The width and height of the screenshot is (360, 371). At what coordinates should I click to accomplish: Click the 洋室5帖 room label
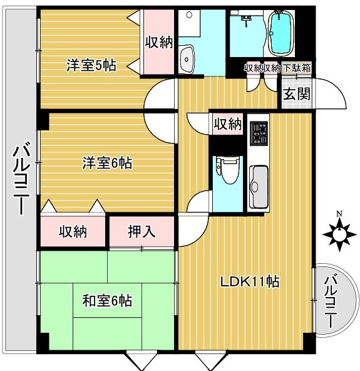coord(91,65)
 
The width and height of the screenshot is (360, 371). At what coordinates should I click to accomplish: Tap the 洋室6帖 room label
coord(107,163)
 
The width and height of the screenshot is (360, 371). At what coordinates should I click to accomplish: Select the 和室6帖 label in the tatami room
coord(107,301)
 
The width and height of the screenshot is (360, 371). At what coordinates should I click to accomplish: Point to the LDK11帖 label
coord(250,281)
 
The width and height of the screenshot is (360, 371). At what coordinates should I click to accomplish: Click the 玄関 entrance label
coord(297,94)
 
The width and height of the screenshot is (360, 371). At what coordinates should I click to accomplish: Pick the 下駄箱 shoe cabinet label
coord(297,68)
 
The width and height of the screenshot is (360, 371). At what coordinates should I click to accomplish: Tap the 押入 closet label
coord(142,231)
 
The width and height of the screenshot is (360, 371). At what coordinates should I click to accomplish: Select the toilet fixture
coord(227,170)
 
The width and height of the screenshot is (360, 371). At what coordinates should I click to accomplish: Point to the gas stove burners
coord(259,133)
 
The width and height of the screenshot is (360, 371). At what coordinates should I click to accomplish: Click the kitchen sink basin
coord(259,187)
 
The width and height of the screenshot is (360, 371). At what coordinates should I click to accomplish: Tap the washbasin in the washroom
coord(187,59)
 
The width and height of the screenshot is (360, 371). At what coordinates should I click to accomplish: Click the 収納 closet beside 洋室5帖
coord(159,43)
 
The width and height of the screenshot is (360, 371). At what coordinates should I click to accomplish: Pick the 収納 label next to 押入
coord(73,231)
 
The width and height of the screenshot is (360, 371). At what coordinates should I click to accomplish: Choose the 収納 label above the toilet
coord(228,123)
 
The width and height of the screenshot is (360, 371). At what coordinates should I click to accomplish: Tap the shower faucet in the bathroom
coord(246,18)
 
